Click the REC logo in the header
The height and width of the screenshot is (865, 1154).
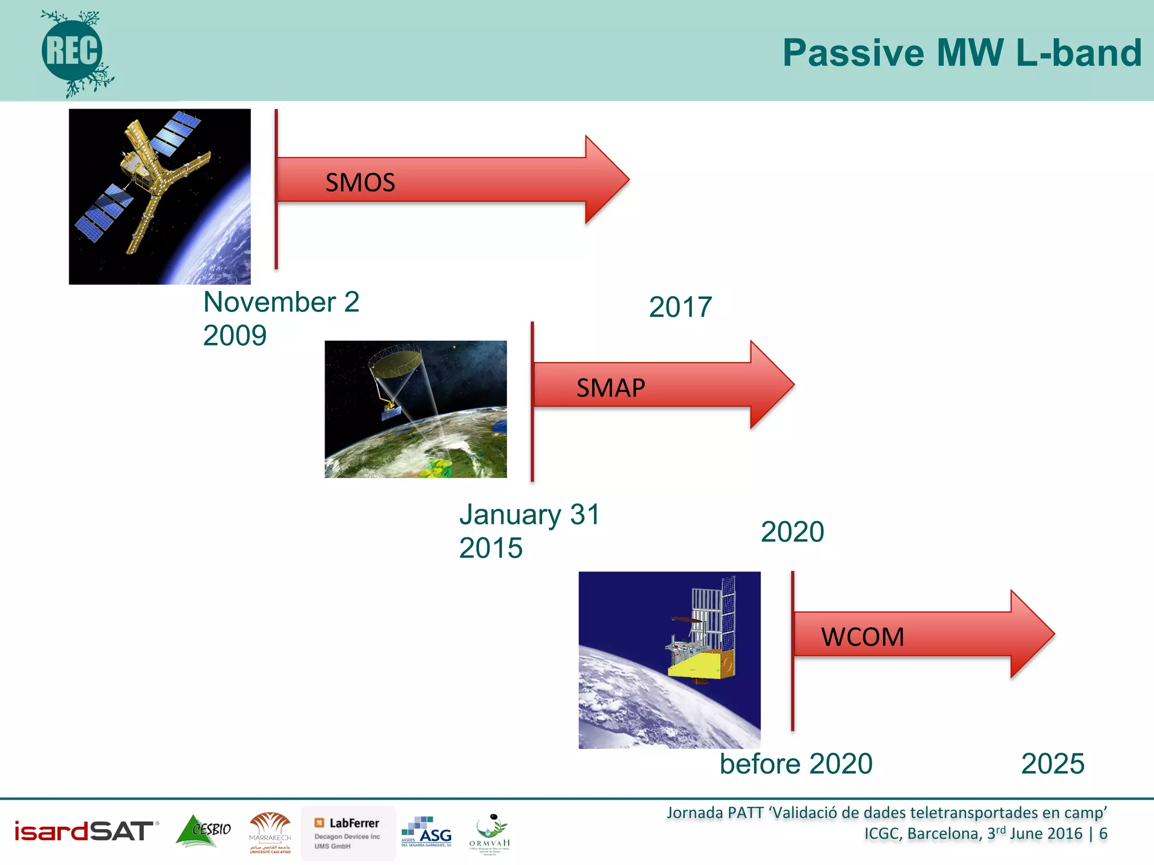coord(72,52)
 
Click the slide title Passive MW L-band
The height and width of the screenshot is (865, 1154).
coord(961,53)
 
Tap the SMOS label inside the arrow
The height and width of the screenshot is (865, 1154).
coord(360,182)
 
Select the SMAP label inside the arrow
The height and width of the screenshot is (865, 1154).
coord(610,388)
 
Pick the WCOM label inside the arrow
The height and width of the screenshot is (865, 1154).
coord(862,637)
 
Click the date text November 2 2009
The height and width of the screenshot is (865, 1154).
coord(281,319)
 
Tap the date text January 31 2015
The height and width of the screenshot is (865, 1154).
coord(529,531)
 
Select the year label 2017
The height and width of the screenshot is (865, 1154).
coord(680,307)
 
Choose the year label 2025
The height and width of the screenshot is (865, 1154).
coord(1052,764)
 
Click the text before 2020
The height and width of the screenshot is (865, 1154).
coord(796,764)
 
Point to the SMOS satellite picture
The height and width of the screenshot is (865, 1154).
coord(159,196)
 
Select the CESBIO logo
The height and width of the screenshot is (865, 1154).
coord(203,831)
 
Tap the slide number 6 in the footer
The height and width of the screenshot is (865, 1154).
coord(1103,833)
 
